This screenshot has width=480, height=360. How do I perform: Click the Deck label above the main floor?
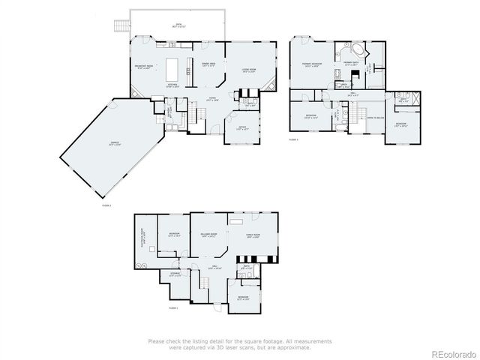(178, 25)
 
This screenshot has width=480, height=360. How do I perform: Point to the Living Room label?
(248, 70)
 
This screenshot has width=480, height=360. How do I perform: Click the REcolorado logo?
(447, 352)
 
